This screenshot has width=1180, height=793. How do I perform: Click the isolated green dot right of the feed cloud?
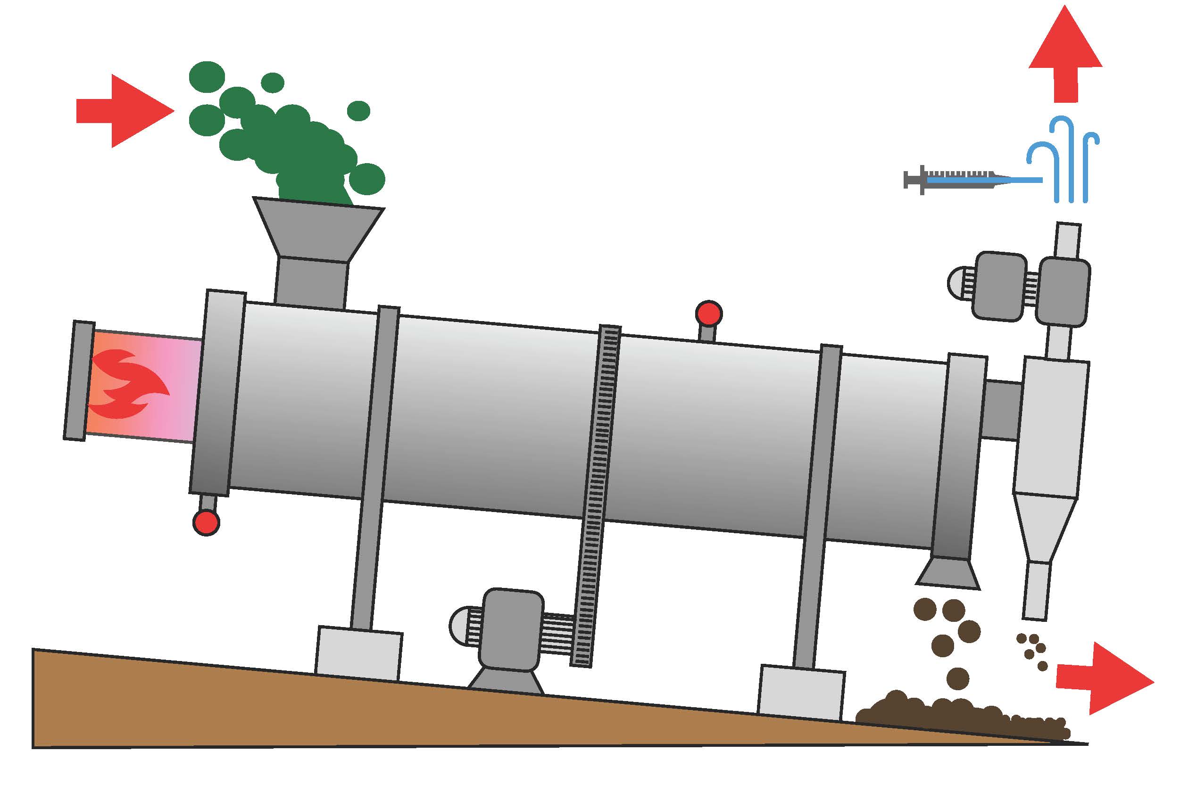(358, 111)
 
